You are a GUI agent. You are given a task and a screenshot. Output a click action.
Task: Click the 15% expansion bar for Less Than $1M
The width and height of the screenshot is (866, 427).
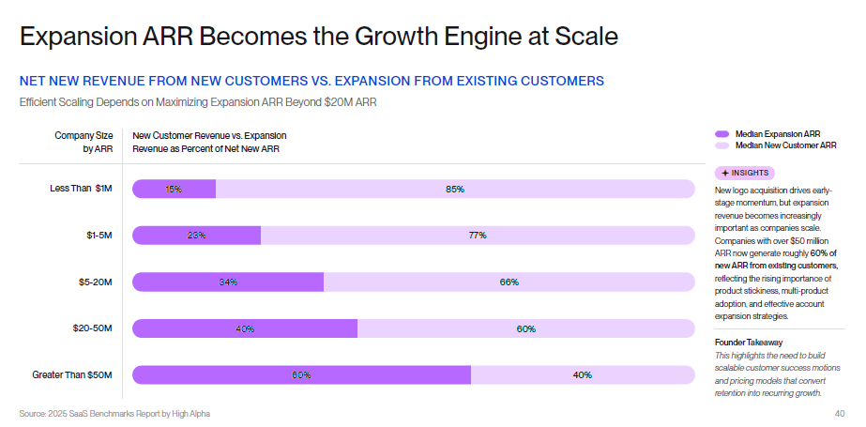(175, 189)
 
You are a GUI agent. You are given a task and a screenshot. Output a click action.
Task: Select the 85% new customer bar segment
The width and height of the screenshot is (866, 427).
(455, 189)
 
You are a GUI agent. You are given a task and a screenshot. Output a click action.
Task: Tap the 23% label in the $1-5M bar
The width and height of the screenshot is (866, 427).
(196, 236)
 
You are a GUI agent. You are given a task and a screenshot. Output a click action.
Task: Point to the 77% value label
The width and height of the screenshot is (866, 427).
(477, 236)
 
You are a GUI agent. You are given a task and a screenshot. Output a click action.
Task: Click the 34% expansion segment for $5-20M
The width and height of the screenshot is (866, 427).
(228, 282)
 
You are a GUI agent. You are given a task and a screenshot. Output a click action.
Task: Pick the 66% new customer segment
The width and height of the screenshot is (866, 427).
(509, 282)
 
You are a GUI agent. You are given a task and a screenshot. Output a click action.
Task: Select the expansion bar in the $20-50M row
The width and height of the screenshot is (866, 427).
(245, 328)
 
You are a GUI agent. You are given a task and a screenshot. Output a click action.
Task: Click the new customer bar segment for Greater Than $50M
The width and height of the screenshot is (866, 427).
(582, 375)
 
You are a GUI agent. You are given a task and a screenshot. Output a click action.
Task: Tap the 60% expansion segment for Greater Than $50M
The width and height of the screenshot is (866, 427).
(301, 375)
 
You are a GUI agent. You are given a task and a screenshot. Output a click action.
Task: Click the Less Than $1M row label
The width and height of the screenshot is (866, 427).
(81, 189)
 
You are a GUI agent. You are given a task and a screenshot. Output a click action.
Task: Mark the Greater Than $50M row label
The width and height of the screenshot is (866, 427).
(72, 375)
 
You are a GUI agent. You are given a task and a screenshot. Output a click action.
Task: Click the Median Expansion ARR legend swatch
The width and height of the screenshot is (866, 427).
(722, 134)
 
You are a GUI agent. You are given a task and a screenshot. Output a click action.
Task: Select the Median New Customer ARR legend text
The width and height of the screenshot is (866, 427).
(785, 145)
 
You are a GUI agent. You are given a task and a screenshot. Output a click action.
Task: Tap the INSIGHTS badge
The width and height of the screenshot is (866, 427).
(745, 173)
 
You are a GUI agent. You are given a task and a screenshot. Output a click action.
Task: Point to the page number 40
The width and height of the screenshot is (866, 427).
(839, 414)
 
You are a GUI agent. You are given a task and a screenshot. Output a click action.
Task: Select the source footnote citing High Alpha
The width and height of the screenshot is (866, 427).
(114, 414)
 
